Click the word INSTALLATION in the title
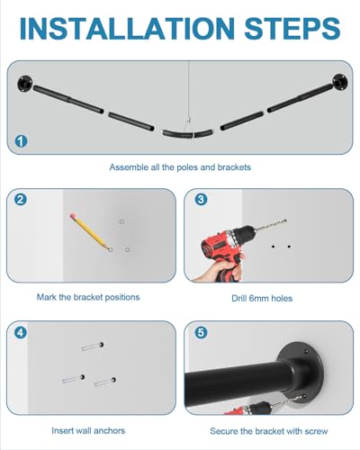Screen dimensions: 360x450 (x=127, y=29)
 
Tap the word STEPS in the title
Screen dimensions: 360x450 (x=292, y=29)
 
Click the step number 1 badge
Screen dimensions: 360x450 (x=21, y=141)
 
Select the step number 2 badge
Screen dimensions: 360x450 (x=21, y=200)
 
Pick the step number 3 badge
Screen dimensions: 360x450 (x=201, y=199)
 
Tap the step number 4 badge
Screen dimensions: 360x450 (x=21, y=332)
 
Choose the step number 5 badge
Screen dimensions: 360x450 (x=201, y=332)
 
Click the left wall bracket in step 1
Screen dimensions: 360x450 (x=25, y=83)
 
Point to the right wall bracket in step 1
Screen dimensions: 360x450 (x=340, y=82)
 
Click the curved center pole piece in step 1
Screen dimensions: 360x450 (x=188, y=135)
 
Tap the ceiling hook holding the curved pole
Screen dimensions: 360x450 (x=188, y=121)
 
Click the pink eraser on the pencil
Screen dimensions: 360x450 (x=72, y=216)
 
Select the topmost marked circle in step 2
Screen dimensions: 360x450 (x=121, y=221)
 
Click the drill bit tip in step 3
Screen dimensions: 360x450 (x=284, y=221)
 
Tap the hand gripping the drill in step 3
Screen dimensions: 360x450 (x=220, y=269)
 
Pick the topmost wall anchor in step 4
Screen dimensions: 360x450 (x=93, y=346)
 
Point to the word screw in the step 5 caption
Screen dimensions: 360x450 (x=316, y=431)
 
